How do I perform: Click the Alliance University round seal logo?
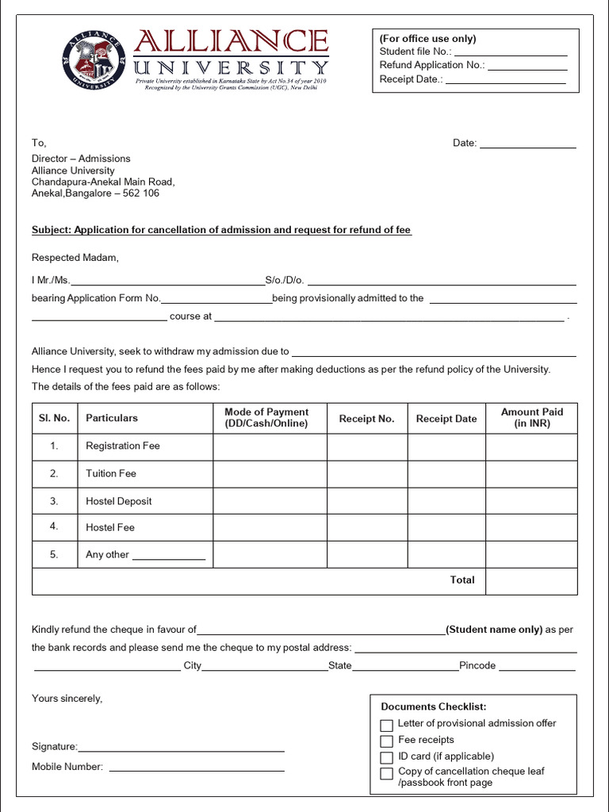(x=94, y=60)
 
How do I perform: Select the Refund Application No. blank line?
(x=527, y=66)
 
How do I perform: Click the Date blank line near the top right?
(x=527, y=144)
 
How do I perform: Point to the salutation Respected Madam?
(x=75, y=257)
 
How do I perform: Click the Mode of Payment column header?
(x=266, y=418)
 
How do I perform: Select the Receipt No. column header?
(x=366, y=419)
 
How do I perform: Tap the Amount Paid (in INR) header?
(x=531, y=418)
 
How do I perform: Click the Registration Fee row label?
(x=123, y=446)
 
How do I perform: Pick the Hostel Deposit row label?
(x=118, y=501)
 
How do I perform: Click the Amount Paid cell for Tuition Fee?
(x=531, y=473)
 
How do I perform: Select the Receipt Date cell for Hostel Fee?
(x=446, y=527)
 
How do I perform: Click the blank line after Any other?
(x=168, y=557)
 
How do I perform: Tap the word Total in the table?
(x=462, y=580)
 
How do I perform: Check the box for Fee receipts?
(x=387, y=741)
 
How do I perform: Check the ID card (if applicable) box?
(x=387, y=758)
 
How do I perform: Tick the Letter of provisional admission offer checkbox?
(x=387, y=725)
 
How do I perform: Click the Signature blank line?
(x=181, y=748)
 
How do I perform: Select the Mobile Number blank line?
(x=196, y=768)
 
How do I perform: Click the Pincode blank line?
(x=537, y=668)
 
